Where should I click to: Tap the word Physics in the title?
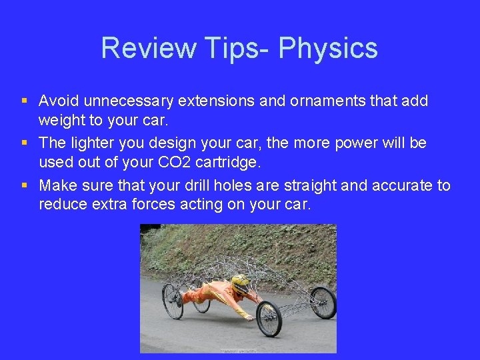tap(328, 48)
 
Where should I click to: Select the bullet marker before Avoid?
tap(25, 101)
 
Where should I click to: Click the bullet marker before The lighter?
tap(25, 142)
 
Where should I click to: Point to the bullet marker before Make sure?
tap(25, 185)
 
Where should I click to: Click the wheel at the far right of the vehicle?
tap(323, 301)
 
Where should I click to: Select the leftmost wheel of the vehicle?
tap(173, 301)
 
